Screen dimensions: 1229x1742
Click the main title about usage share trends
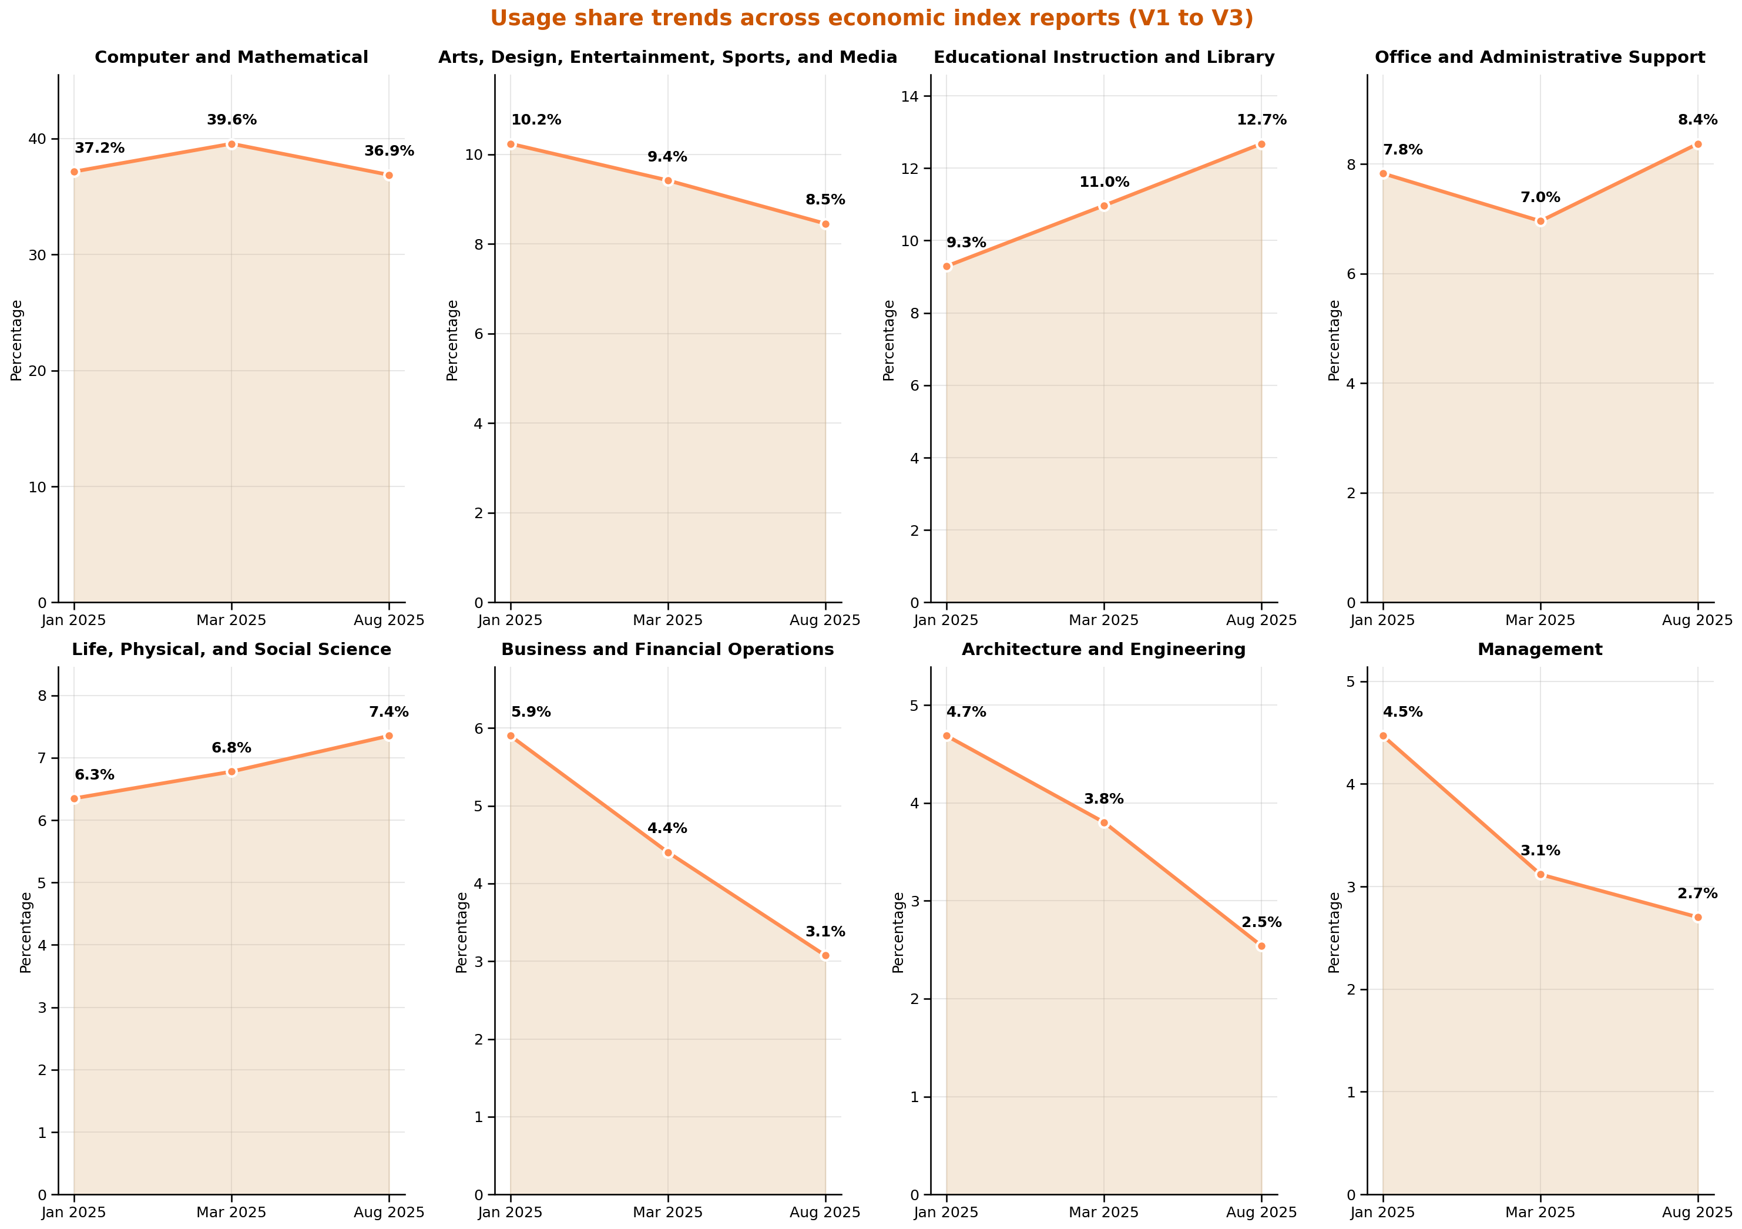click(871, 18)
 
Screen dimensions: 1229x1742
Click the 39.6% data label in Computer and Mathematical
click(231, 120)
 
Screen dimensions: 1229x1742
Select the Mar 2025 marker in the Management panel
click(1540, 874)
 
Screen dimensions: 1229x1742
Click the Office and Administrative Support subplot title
click(1539, 58)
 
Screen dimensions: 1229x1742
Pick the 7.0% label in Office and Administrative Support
click(1540, 198)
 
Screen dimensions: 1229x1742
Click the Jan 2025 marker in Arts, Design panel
click(511, 144)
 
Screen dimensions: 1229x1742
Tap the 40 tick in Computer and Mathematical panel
click(37, 139)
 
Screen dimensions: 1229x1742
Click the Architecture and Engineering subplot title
click(1103, 649)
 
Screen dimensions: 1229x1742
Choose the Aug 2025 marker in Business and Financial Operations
click(825, 956)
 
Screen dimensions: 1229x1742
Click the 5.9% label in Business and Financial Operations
click(531, 713)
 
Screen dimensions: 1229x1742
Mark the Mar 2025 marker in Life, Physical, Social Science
click(231, 771)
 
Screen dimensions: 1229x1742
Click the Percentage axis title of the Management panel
click(1335, 932)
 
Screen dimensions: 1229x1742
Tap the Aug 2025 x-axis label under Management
click(1697, 1213)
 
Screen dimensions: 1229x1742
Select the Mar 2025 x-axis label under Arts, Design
click(667, 620)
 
